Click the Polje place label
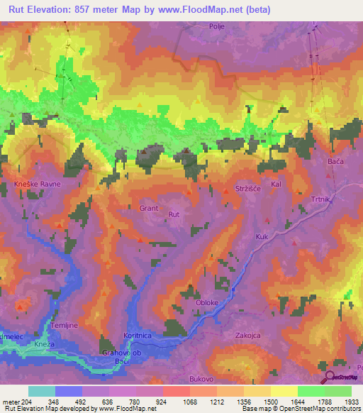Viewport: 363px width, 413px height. click(x=216, y=26)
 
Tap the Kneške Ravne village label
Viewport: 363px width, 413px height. click(x=38, y=184)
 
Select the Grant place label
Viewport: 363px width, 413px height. click(x=149, y=209)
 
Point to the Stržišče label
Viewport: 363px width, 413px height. click(x=249, y=189)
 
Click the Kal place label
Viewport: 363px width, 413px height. click(x=277, y=185)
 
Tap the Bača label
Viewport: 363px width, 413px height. click(x=335, y=163)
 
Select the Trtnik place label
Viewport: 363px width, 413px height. click(x=321, y=199)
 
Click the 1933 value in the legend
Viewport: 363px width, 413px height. click(x=352, y=402)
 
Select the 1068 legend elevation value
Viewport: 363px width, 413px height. click(x=189, y=402)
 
